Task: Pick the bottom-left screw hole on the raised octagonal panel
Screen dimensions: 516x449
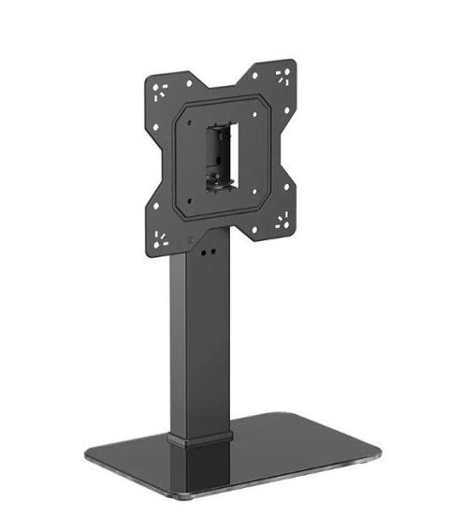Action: [x=193, y=201]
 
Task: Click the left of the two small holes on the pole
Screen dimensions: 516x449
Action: [x=195, y=251]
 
